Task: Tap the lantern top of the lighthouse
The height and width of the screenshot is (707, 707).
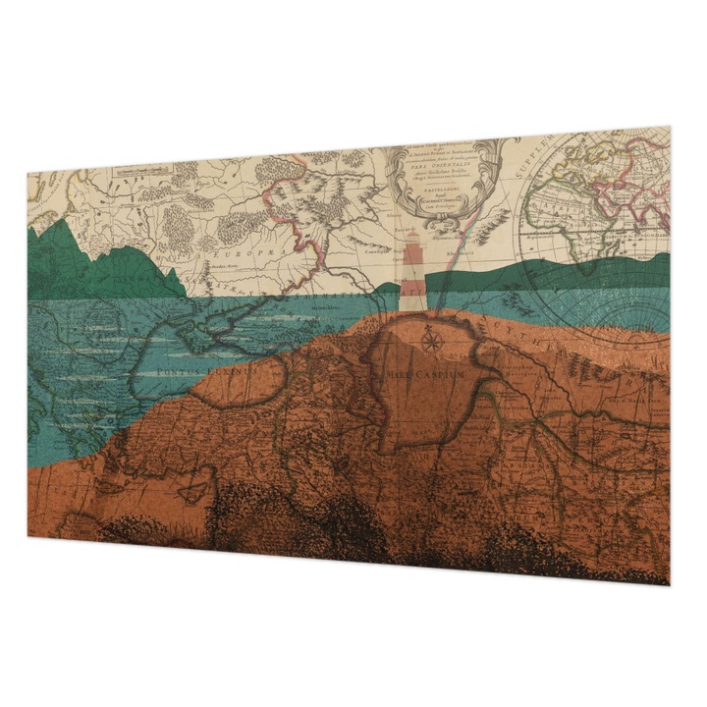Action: click(x=412, y=241)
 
